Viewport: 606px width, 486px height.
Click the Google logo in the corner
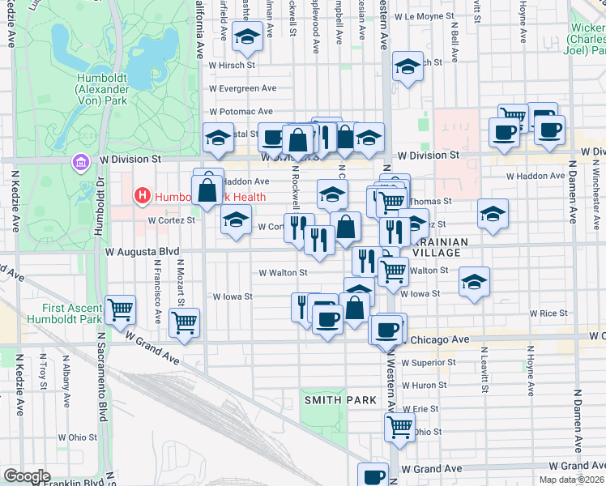27,476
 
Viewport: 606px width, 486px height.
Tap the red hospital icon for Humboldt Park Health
143,196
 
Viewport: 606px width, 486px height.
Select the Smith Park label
340,400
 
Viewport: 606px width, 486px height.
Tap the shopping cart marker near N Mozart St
185,322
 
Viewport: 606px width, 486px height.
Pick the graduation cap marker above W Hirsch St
247,36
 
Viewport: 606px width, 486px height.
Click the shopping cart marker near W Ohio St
399,428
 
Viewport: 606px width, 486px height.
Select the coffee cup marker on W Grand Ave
373,476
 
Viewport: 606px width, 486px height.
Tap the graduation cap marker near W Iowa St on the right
475,283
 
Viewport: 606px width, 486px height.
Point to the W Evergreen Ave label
242,88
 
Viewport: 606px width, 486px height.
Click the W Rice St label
548,313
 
